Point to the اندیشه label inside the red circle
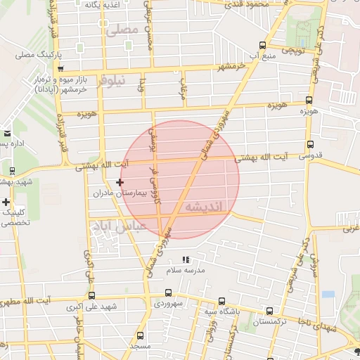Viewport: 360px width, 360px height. (205, 206)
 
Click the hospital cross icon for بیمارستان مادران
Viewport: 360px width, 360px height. (120, 182)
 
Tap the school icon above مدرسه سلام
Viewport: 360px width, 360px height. (186, 260)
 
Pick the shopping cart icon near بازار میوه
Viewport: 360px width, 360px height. (61, 69)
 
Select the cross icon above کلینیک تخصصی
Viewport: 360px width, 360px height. (6, 202)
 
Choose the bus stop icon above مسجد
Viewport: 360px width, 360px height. (140, 336)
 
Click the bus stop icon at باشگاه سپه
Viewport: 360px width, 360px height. (222, 300)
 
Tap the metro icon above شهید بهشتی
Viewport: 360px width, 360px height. (12, 171)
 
